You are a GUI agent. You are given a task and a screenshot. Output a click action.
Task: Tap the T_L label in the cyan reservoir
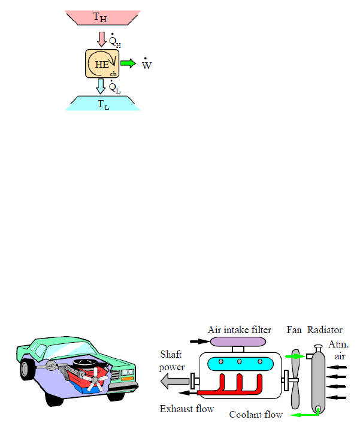103,104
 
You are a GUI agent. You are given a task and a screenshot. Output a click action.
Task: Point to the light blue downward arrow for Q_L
101,86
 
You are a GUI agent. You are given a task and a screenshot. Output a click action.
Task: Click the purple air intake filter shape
239,341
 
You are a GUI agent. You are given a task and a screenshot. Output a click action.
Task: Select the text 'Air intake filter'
240,329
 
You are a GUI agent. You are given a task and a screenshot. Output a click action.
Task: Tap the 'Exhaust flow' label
186,410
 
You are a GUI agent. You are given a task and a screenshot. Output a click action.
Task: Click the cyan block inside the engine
239,364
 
